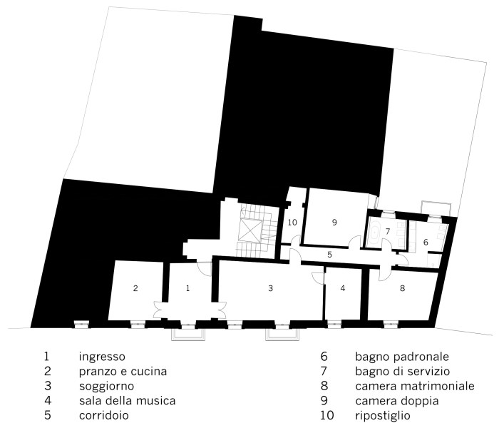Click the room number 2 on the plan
point(135,288)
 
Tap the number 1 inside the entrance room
point(187,288)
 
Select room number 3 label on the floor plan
point(270,288)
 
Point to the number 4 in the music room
point(342,288)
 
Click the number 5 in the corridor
point(329,255)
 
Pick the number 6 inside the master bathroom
point(426,243)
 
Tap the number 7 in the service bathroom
point(388,231)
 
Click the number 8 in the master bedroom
point(403,288)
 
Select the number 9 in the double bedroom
point(334,223)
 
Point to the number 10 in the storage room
point(292,223)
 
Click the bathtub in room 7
point(375,232)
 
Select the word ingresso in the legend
point(102,357)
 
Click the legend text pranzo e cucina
point(123,372)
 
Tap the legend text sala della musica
point(128,400)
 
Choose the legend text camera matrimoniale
point(415,386)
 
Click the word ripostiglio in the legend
point(383,416)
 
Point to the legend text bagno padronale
point(402,357)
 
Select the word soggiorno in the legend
point(107,387)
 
